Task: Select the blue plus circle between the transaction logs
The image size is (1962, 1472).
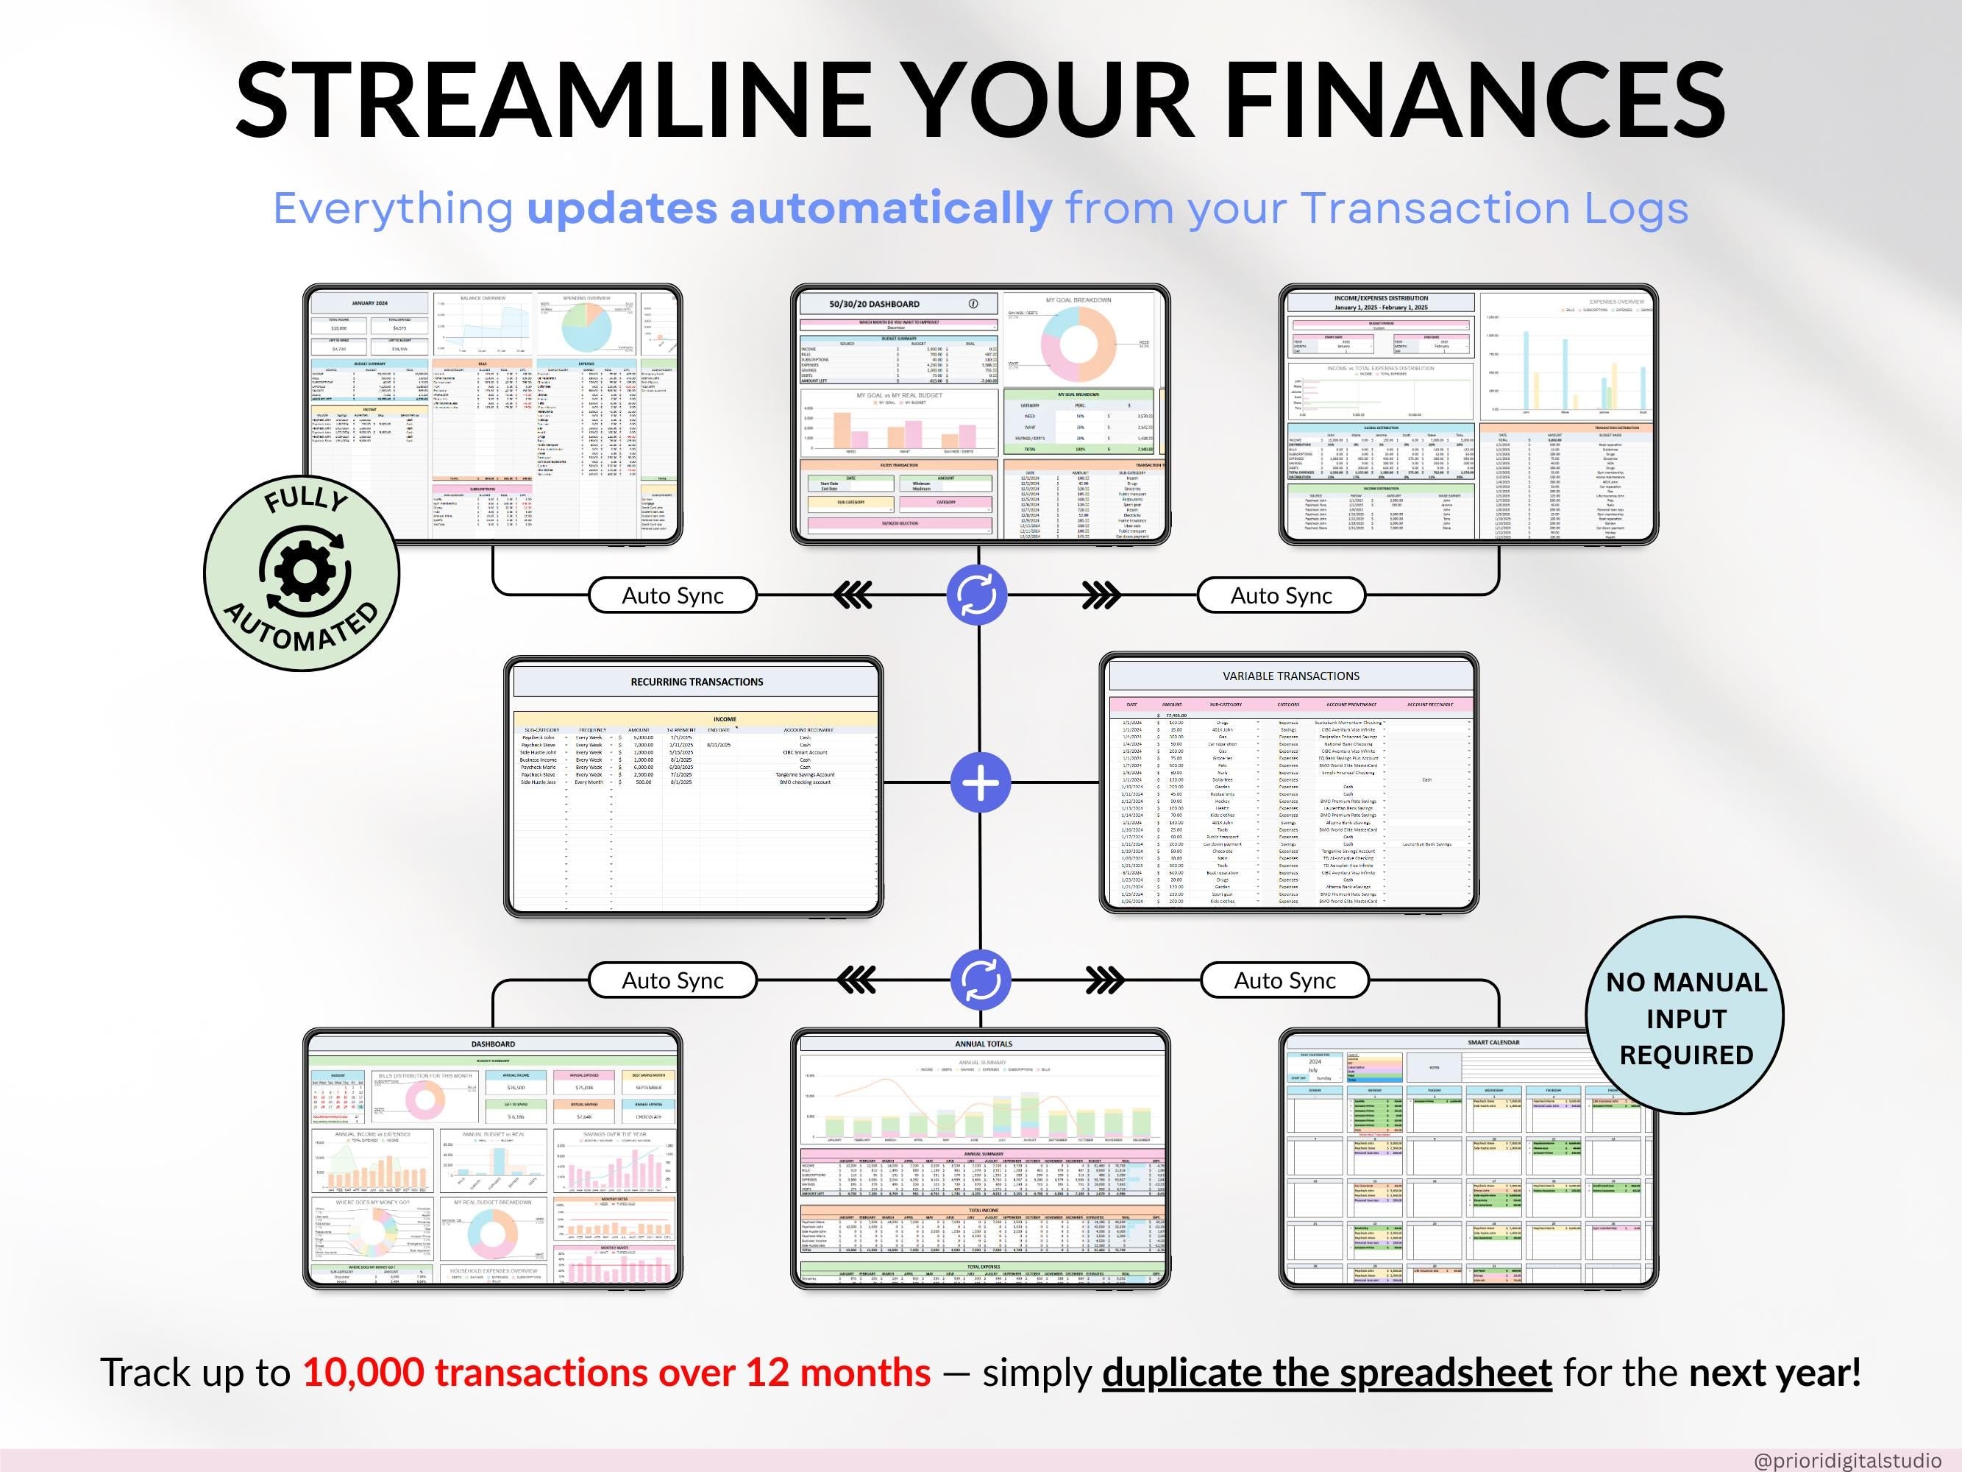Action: click(979, 782)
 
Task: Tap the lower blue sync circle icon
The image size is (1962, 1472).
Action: click(979, 980)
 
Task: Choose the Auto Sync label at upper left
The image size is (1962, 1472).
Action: click(672, 595)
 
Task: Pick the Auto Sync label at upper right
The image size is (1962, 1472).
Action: click(1280, 595)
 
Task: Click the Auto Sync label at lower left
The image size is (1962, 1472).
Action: click(672, 980)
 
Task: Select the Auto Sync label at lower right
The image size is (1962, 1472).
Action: click(1284, 980)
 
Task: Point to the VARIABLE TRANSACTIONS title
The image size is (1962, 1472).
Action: click(1290, 676)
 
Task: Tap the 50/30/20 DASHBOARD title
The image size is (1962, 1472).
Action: click(874, 303)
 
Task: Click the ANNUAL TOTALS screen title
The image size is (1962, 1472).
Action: click(983, 1044)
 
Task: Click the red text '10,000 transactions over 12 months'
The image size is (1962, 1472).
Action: click(616, 1372)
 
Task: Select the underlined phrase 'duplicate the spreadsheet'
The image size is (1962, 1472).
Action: click(1326, 1372)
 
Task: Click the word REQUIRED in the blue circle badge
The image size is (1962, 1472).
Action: click(1685, 1055)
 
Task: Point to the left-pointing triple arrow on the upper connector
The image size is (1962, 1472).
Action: click(853, 595)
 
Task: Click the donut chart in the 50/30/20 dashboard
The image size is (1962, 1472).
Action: click(1078, 344)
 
